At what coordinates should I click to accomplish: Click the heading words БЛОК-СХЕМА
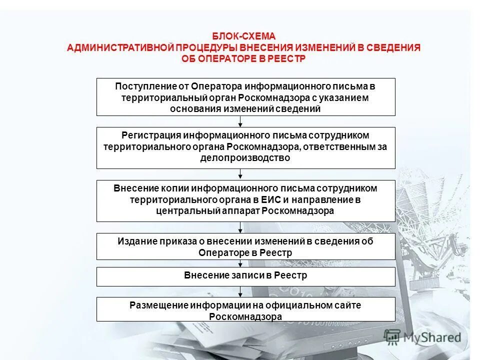coord(243,36)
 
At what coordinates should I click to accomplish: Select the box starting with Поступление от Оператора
coord(245,97)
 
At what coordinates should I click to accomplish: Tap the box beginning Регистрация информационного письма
coord(245,147)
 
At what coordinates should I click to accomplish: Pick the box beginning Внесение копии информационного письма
coord(245,200)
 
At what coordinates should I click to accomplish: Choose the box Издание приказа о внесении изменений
coord(245,246)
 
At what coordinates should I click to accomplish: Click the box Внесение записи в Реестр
coord(245,275)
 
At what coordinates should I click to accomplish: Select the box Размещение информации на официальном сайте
coord(245,310)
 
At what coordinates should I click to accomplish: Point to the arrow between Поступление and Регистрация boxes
coord(240,121)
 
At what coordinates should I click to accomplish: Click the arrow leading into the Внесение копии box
coord(240,174)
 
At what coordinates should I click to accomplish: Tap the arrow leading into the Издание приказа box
coord(240,227)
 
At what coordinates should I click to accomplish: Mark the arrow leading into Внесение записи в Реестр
coord(240,263)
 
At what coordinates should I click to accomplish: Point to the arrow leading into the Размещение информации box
coord(240,292)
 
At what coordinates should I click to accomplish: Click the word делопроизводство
coord(245,157)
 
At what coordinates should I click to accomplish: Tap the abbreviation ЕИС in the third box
coord(270,200)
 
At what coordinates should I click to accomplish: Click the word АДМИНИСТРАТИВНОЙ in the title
coord(120,47)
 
